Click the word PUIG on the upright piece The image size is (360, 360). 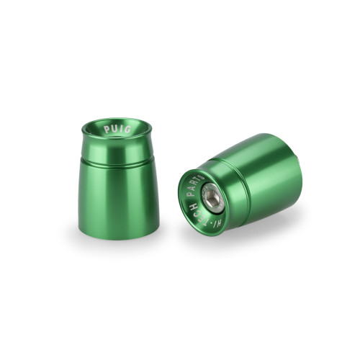point(118,130)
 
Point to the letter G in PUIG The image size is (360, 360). point(129,130)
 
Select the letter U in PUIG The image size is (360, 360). point(114,129)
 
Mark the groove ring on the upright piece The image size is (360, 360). point(118,159)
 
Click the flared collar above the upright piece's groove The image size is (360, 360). point(118,148)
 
